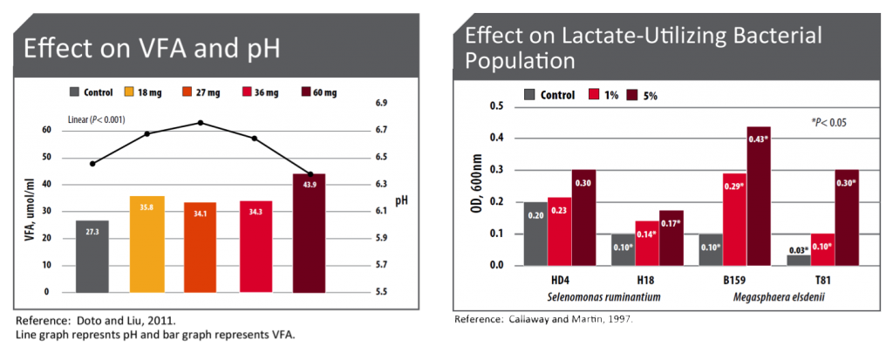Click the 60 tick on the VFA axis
pos(46,130)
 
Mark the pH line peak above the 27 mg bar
pos(201,123)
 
